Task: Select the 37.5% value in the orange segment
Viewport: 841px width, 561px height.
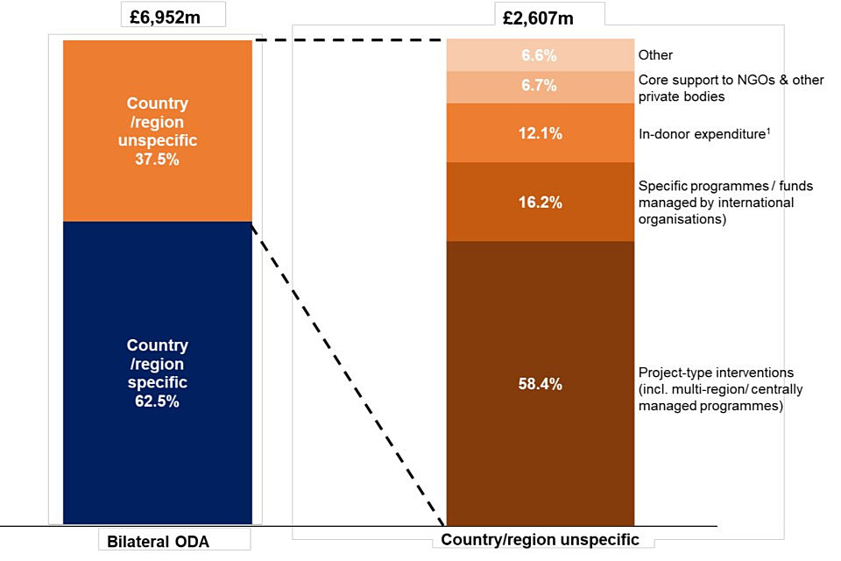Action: click(x=158, y=159)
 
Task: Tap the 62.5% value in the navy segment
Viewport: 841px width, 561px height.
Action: click(x=158, y=401)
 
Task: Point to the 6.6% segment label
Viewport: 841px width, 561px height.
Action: click(x=540, y=55)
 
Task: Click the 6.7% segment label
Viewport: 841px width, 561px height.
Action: click(x=540, y=87)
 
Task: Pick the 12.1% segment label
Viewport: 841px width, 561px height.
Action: click(x=540, y=133)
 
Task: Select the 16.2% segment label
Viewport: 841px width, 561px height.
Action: click(x=540, y=202)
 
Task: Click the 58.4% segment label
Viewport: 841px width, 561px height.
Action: click(x=540, y=384)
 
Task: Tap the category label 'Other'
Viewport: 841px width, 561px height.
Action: click(x=655, y=55)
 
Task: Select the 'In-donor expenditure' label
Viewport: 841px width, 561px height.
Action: click(x=710, y=133)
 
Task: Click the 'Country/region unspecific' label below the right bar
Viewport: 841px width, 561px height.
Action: click(x=540, y=539)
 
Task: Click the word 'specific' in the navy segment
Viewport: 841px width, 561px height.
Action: click(x=158, y=382)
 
